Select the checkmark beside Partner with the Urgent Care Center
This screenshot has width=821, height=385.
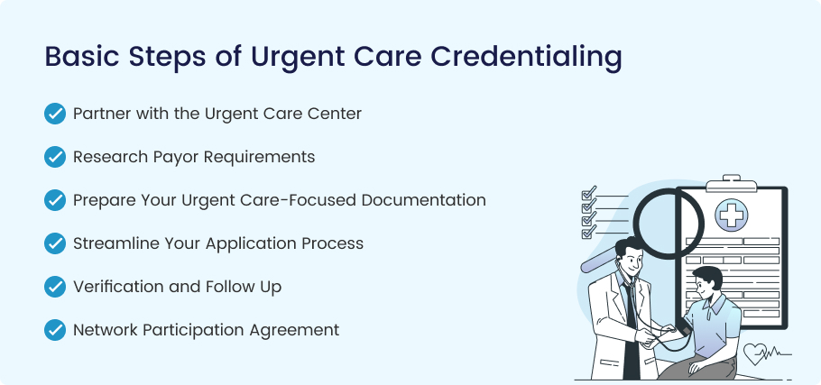click(55, 114)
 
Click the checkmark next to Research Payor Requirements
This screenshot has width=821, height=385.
click(55, 157)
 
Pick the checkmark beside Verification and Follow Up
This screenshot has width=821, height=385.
click(55, 287)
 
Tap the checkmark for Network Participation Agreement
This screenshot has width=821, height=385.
click(55, 330)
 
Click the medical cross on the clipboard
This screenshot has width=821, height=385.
click(732, 215)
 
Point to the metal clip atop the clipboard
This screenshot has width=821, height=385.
click(731, 183)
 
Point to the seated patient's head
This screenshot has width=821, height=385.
click(706, 282)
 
